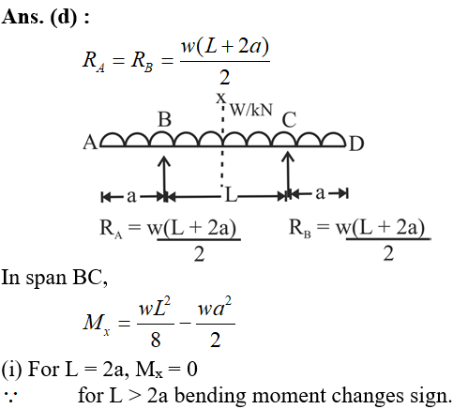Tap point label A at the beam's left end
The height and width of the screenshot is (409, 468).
click(x=90, y=143)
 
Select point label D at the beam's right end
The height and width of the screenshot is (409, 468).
click(x=356, y=144)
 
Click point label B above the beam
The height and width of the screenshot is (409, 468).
click(x=165, y=119)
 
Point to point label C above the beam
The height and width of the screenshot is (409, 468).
click(x=289, y=120)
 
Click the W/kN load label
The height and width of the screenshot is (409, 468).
click(x=251, y=110)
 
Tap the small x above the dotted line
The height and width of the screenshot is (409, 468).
click(x=221, y=98)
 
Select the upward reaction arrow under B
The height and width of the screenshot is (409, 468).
click(x=164, y=176)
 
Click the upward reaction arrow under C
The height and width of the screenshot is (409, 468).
click(x=288, y=174)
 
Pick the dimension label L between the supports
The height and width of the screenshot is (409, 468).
click(x=231, y=195)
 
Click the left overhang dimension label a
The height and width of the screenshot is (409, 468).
click(x=131, y=196)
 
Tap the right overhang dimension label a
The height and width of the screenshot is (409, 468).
click(x=320, y=193)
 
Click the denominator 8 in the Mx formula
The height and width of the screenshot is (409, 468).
click(x=156, y=340)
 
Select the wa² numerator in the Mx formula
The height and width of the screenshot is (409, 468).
click(x=215, y=308)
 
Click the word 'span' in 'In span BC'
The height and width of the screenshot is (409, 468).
click(x=46, y=278)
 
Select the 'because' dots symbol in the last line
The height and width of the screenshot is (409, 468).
click(x=10, y=395)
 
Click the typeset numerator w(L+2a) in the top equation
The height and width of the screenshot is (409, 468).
click(x=225, y=46)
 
